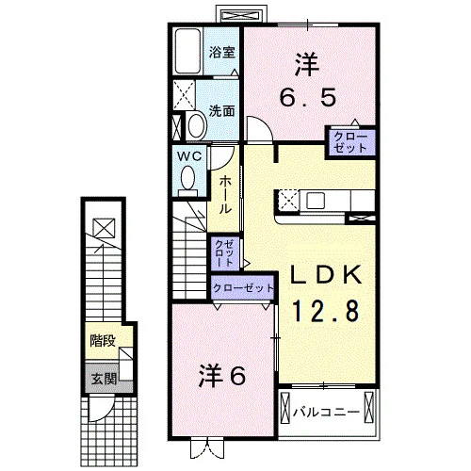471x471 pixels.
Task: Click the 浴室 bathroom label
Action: pyautogui.click(x=222, y=52)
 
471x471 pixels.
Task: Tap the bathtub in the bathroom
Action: pyautogui.click(x=187, y=52)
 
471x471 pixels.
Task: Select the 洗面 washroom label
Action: pyautogui.click(x=222, y=110)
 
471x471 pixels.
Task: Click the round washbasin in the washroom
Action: pyautogui.click(x=197, y=125)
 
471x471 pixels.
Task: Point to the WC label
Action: pyautogui.click(x=189, y=156)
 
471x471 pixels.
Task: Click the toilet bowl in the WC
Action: pyautogui.click(x=187, y=177)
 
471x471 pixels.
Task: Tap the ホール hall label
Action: pyautogui.click(x=225, y=194)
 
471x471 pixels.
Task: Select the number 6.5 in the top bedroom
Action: pyautogui.click(x=308, y=97)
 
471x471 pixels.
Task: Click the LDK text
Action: pyautogui.click(x=325, y=275)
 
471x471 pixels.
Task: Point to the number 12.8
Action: pyautogui.click(x=325, y=311)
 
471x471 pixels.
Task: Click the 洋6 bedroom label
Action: pyautogui.click(x=222, y=376)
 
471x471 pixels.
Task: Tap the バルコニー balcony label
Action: pyautogui.click(x=326, y=412)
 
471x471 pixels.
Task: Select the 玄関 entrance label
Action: pyautogui.click(x=104, y=379)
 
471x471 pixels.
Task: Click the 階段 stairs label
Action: pyautogui.click(x=103, y=341)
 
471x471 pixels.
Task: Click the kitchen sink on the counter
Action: pyautogui.click(x=316, y=200)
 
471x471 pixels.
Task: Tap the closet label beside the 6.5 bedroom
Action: pyautogui.click(x=350, y=142)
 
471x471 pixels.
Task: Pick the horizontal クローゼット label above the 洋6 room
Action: pyautogui.click(x=243, y=287)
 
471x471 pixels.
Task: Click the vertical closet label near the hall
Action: pyautogui.click(x=225, y=253)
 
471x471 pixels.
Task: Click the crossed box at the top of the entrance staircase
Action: pyautogui.click(x=105, y=228)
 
